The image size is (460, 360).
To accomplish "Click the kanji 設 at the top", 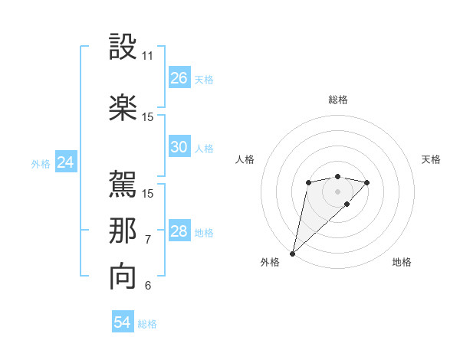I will [123, 47].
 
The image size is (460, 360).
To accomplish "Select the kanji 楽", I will [123, 107].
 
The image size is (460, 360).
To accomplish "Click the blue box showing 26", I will [179, 78].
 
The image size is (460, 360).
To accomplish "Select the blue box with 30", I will [179, 147].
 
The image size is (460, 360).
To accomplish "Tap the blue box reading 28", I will [179, 231].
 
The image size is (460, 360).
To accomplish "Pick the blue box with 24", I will [65, 162].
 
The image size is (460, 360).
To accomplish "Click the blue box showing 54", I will [123, 322].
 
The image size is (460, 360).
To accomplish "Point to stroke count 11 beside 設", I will [147, 56].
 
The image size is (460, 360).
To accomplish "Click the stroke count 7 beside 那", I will [148, 240].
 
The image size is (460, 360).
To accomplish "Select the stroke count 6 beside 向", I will [148, 286].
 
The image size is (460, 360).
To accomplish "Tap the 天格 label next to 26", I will [204, 79].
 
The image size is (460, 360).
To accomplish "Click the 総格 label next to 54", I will [147, 324].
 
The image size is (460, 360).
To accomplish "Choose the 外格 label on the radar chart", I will [270, 263].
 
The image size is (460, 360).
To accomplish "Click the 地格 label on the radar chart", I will [402, 263].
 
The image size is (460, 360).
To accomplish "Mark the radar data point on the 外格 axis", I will [292, 253].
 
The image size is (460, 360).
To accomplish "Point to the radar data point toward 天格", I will [367, 182].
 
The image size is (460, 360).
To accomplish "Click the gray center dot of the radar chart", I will [337, 191].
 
